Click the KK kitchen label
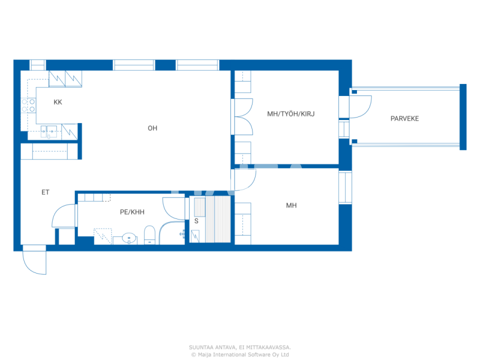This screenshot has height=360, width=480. (58, 102)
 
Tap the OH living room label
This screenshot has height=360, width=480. (152, 128)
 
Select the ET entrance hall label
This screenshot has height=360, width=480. (45, 192)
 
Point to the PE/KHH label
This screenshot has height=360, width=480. (132, 212)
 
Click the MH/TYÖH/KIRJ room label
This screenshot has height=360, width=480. (291, 114)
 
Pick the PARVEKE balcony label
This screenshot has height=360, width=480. (405, 118)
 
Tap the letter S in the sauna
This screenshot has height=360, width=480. (196, 221)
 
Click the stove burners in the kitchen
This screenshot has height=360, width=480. (28, 105)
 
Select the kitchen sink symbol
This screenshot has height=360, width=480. (49, 132)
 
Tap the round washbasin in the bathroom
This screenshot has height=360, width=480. (129, 237)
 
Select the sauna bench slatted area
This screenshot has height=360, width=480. (217, 219)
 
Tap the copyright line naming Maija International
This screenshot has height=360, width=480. (240, 355)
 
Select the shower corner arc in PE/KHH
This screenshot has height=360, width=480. (171, 232)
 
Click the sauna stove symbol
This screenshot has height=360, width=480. (195, 236)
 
